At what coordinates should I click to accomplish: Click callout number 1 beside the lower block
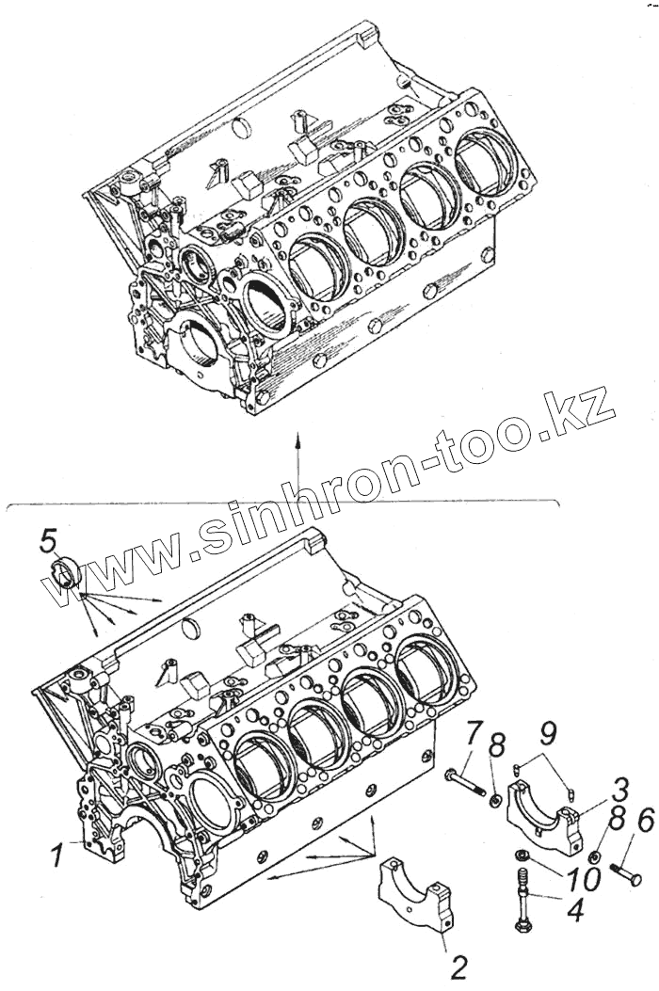click(x=57, y=856)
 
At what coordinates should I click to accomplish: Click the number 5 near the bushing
click(x=48, y=540)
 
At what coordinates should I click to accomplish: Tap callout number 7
click(x=475, y=730)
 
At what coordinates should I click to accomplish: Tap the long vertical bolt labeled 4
click(x=521, y=902)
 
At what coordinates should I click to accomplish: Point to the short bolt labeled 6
click(x=626, y=873)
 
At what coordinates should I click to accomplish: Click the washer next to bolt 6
click(x=596, y=858)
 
